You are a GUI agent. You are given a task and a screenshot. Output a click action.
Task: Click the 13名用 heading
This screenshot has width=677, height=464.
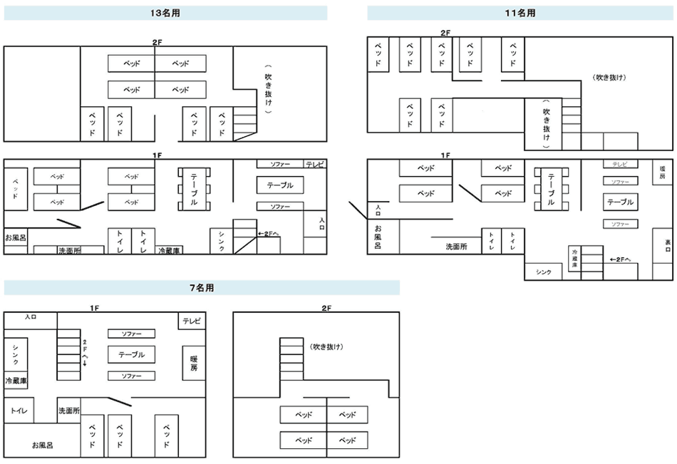tap(165, 13)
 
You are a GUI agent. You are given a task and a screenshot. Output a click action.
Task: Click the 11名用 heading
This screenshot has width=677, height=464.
tap(520, 13)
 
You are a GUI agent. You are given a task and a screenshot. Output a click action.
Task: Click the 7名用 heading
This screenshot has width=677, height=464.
tap(201, 288)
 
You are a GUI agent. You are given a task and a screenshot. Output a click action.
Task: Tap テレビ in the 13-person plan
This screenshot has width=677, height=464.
tap(315, 165)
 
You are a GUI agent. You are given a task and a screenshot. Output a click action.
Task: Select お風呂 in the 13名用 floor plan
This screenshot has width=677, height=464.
tap(16, 237)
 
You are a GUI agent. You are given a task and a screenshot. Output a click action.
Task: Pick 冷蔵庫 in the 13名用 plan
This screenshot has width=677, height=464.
tap(170, 250)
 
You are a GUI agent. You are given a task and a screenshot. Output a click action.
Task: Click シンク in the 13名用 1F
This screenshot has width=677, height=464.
tap(222, 242)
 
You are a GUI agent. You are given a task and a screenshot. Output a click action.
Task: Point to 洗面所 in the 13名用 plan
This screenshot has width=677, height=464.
tap(69, 250)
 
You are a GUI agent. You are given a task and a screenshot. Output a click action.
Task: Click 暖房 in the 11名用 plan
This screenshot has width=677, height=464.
tap(663, 171)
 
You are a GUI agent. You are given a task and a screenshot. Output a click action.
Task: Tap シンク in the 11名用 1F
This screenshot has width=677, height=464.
tap(543, 272)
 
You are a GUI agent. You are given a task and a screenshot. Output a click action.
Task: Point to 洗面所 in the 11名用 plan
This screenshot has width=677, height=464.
tap(456, 247)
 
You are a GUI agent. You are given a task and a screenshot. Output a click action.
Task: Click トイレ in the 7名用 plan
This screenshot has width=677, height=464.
tap(18, 411)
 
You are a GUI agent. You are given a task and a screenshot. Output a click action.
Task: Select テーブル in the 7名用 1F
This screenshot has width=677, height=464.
tap(131, 354)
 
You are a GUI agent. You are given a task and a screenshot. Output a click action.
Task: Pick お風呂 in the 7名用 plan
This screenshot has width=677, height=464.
tap(42, 445)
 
